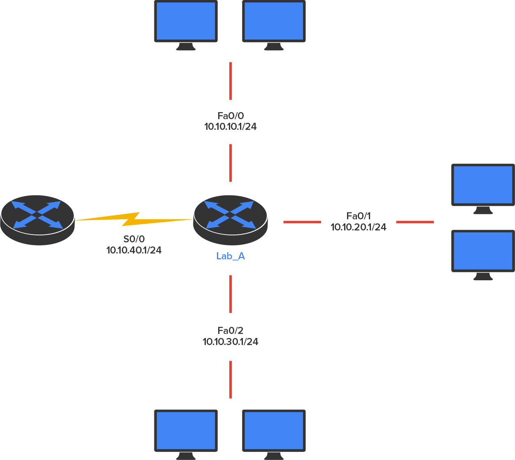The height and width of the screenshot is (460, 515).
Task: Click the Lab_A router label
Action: [x=231, y=256]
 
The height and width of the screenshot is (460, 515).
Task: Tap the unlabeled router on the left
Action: [x=37, y=219]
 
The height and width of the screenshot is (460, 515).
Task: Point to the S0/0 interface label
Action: [x=134, y=239]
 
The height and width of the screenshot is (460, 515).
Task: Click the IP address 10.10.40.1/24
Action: [x=134, y=250]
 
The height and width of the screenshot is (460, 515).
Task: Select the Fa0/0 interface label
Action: [x=231, y=116]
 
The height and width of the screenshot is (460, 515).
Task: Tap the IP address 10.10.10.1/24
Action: [x=231, y=127]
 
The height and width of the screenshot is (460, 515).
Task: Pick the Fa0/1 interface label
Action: [x=359, y=216]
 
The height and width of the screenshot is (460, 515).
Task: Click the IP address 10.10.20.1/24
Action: [x=359, y=227]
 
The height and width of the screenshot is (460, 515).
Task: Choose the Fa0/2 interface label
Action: [x=231, y=331]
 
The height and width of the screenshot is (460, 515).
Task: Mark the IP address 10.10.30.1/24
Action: [x=231, y=341]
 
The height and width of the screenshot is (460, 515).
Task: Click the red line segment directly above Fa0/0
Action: [x=231, y=81]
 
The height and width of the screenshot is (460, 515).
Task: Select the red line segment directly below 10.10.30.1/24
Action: [x=231, y=379]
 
